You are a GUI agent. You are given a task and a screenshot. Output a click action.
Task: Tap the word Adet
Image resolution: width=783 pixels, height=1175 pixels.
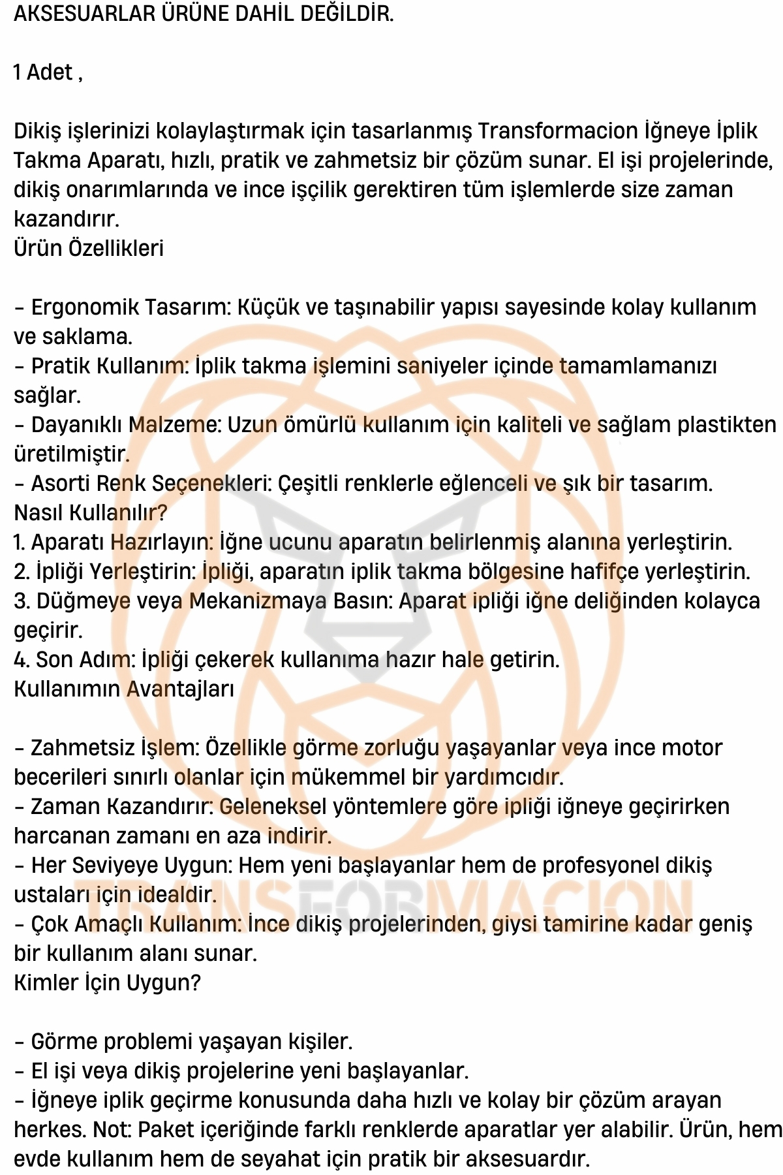[49, 72]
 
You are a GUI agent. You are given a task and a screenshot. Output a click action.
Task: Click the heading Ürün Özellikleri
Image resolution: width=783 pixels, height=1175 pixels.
[89, 249]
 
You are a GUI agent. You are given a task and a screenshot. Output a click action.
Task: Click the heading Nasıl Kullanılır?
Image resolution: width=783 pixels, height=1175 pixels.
[91, 513]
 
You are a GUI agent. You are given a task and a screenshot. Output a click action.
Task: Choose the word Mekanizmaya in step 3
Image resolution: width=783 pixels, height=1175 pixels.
[258, 601]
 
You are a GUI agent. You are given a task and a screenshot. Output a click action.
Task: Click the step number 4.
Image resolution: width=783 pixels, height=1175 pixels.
[21, 660]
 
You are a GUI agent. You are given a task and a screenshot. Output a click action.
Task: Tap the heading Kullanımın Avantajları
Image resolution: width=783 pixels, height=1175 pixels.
[124, 689]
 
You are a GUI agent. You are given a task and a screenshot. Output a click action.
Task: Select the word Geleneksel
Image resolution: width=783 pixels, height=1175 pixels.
[273, 807]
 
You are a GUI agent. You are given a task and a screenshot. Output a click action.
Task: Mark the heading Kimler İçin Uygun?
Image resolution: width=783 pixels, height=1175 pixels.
[107, 983]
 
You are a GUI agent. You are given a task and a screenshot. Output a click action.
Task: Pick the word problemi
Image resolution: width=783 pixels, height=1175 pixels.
[155, 1042]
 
